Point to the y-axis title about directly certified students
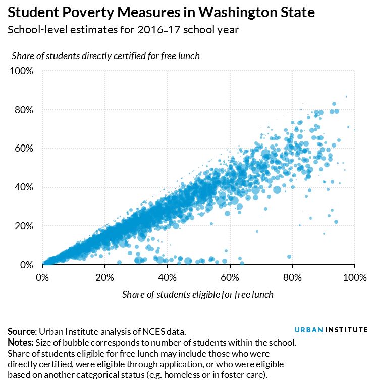pos(105,56)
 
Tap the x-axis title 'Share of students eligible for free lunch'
pos(198,294)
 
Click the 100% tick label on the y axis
pos(22,71)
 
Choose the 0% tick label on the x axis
pos(42,277)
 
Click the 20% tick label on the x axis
pos(105,277)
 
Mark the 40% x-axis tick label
pos(168,277)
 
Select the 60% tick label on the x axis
pos(230,277)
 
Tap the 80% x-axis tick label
pos(293,277)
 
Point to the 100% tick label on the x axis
pos(354,277)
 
